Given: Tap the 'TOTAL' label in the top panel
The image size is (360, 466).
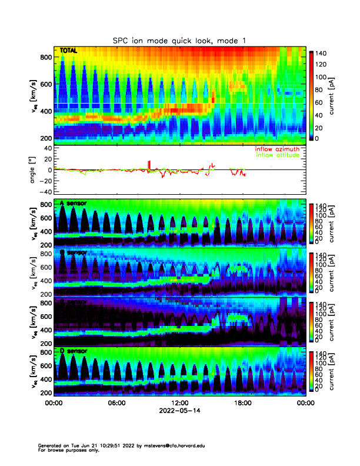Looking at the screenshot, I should pos(69,52).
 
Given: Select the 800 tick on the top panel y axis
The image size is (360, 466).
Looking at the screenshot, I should pos(45,57).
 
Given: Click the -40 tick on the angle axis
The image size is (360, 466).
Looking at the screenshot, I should pos(43,192).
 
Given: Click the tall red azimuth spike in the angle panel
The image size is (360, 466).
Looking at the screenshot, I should pos(149,164).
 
